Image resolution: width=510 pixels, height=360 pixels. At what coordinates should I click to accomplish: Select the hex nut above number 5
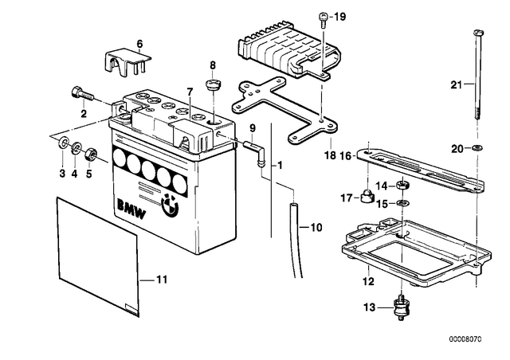[x=89, y=154]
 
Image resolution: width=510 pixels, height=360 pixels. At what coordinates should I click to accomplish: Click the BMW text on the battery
[x=131, y=209]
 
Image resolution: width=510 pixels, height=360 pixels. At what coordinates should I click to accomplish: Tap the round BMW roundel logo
[x=170, y=205]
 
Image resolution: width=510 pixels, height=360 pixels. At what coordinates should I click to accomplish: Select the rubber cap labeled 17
[x=367, y=195]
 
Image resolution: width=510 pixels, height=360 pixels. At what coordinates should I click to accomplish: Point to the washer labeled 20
[x=477, y=148]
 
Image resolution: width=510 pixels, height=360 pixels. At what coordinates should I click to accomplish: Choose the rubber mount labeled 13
[x=401, y=307]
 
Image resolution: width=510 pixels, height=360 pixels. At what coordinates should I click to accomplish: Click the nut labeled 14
[x=402, y=186]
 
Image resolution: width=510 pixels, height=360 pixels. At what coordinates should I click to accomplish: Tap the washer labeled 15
[x=402, y=203]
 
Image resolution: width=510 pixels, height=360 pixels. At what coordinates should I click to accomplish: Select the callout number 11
[x=162, y=280]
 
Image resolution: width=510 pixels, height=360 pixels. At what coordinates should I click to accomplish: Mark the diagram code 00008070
[x=465, y=339]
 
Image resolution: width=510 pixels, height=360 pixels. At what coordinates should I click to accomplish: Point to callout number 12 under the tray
[x=368, y=281]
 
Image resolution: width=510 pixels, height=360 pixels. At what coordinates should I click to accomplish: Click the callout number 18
[x=330, y=155]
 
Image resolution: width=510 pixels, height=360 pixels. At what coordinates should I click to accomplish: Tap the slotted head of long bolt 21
[x=477, y=33]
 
